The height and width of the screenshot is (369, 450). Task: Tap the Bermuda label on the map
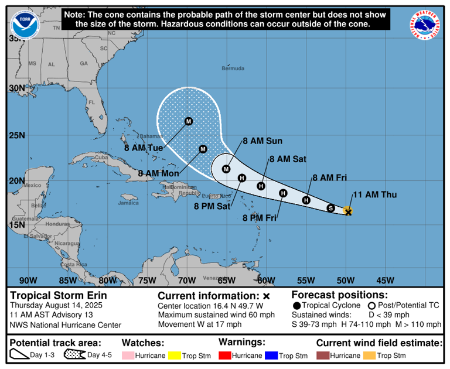pyautogui.click(x=233, y=69)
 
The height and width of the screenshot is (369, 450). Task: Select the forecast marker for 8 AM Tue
pyautogui.click(x=189, y=121)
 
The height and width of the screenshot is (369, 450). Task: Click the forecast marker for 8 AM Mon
pyautogui.click(x=203, y=149)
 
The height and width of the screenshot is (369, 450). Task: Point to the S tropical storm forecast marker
pyautogui.click(x=330, y=208)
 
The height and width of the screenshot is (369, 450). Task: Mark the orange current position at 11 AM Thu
pyautogui.click(x=347, y=211)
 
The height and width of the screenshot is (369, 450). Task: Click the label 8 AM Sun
pyautogui.click(x=262, y=141)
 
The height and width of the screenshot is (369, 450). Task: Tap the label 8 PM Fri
pyautogui.click(x=260, y=218)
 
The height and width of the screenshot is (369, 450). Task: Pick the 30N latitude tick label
pyautogui.click(x=16, y=88)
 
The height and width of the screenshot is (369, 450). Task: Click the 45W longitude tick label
pyautogui.click(x=386, y=279)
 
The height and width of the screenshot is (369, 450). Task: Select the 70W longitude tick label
pyautogui.click(x=187, y=279)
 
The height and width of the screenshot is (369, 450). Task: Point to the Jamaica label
pyautogui.click(x=128, y=203)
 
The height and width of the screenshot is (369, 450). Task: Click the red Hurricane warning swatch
pyautogui.click(x=224, y=356)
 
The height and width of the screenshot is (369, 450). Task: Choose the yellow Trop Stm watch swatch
pyautogui.click(x=175, y=356)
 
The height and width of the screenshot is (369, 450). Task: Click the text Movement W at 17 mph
pyautogui.click(x=199, y=324)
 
